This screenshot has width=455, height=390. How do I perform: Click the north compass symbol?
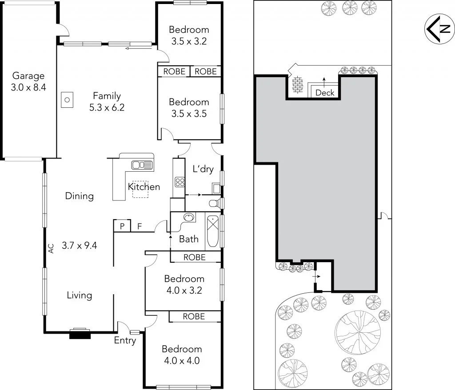pos(439,29)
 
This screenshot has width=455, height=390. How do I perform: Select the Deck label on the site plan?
pos(324,93)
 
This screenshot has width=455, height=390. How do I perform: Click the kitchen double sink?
pos(142,165)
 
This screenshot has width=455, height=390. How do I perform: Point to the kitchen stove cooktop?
pos(180,181)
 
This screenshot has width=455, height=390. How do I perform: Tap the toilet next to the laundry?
pos(216,203)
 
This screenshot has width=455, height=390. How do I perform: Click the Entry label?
pos(125,341)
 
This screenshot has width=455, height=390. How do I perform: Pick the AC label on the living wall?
pos(51,248)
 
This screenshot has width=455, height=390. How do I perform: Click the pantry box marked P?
pos(122,226)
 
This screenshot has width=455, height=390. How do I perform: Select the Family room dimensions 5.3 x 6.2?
pos(107,107)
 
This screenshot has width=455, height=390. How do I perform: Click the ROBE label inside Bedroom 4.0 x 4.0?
pos(194,316)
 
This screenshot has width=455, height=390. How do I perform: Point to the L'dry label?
pos(203,169)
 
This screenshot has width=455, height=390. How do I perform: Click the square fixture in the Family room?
pos(67,100)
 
